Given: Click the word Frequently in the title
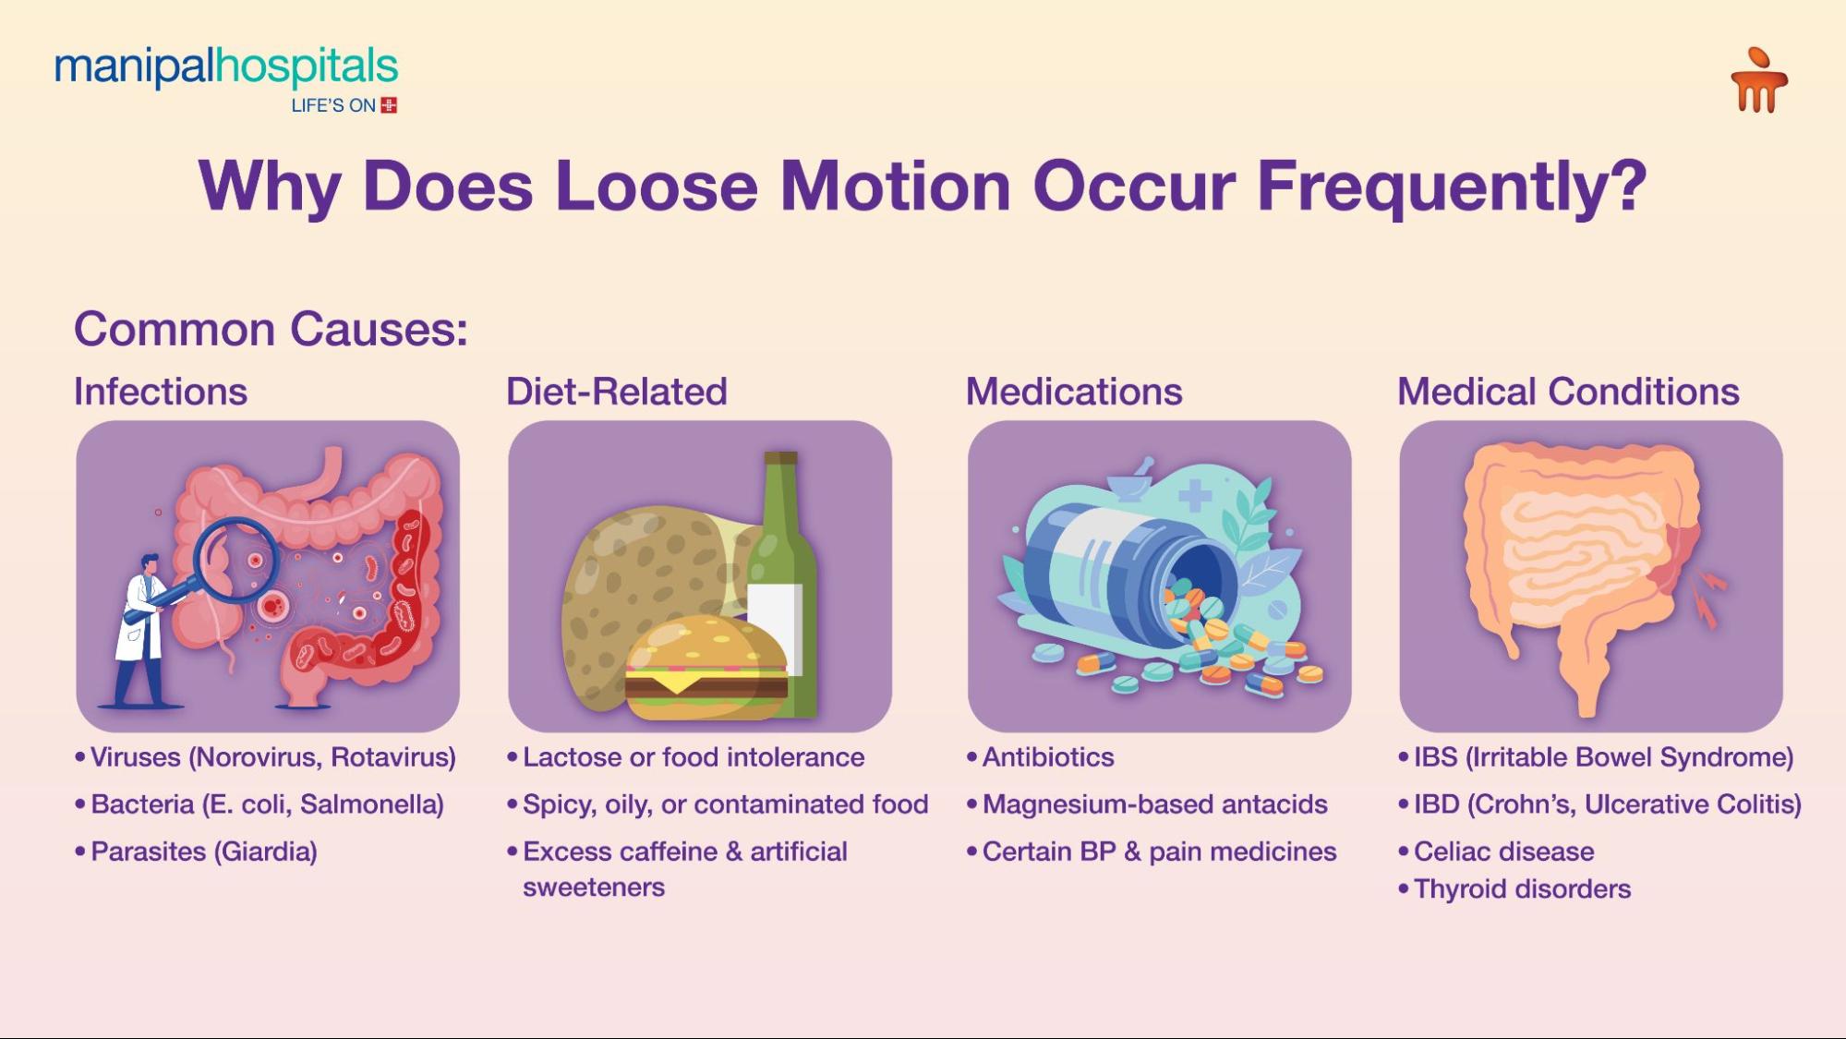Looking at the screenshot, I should coord(1451,186).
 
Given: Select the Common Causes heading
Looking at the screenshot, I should coord(271,329).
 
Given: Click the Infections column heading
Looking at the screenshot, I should coord(161,392).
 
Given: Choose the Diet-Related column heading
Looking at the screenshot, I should coord(616,392).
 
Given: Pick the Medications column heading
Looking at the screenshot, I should coord(1073,392).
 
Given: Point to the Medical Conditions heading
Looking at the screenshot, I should coord(1567,392).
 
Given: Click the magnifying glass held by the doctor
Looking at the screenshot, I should coord(235,560).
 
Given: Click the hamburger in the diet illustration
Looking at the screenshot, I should coord(706,667).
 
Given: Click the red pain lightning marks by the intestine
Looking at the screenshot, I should coord(1708,596).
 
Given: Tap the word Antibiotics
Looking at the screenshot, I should coord(1048,757).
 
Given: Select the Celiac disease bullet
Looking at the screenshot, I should coord(1503,852).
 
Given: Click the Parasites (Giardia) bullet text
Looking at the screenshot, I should coord(203,852).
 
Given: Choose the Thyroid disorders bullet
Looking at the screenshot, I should coord(1522,889).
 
